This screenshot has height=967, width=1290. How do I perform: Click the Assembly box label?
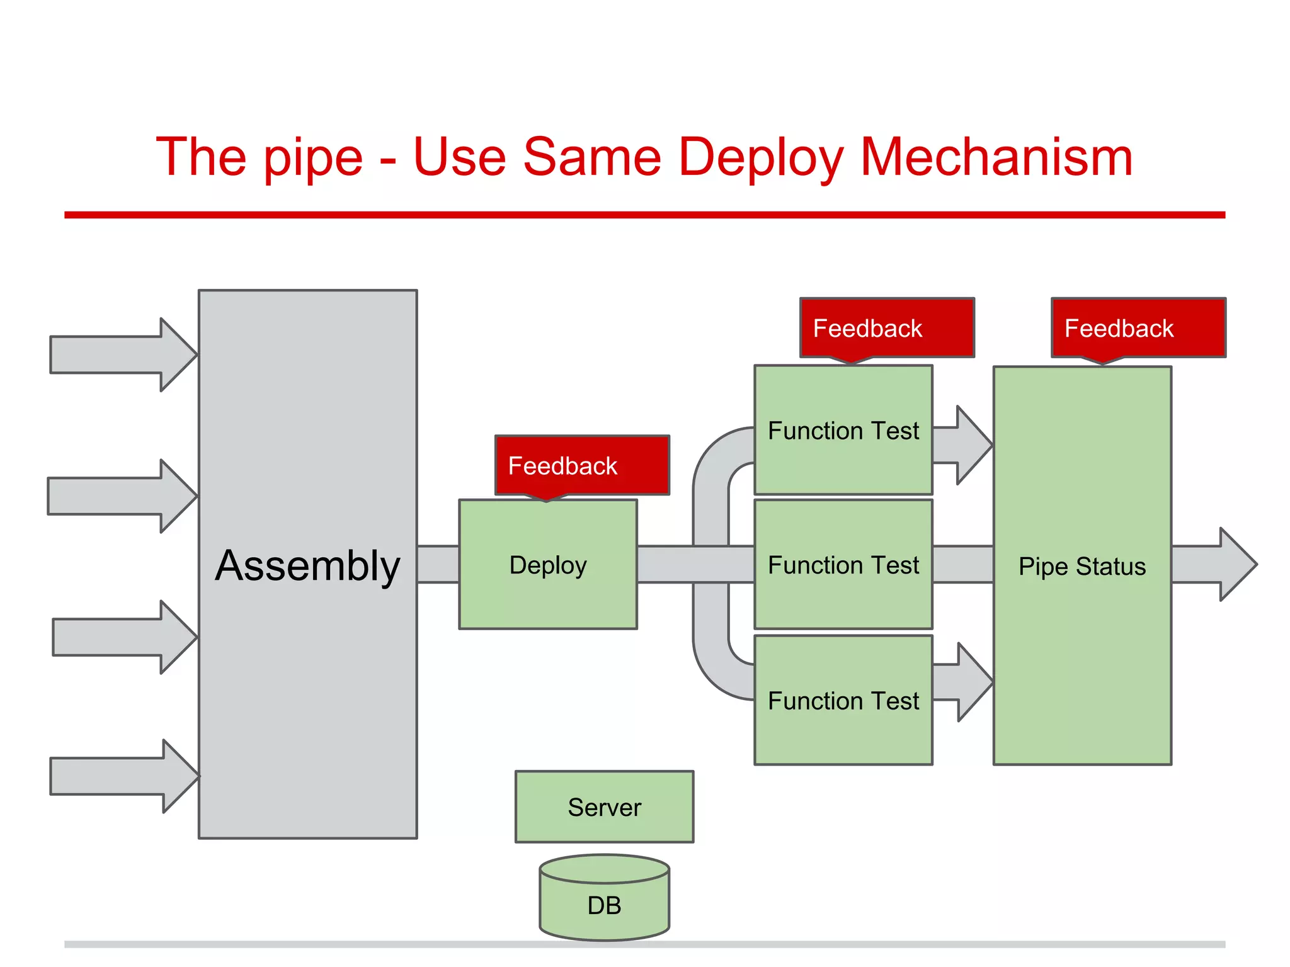tap(307, 565)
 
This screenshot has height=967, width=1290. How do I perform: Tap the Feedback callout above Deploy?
tap(581, 465)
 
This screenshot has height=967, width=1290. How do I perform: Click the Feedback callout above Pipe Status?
tap(1138, 328)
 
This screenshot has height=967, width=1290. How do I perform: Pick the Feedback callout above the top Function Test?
tap(887, 328)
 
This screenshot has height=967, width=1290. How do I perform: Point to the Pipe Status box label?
tap(1082, 566)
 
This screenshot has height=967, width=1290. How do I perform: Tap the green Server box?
tap(604, 807)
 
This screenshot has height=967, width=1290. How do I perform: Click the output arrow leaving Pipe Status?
tap(1213, 565)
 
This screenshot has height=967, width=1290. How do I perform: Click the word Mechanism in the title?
tap(996, 157)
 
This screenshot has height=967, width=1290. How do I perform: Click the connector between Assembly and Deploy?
tap(438, 565)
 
